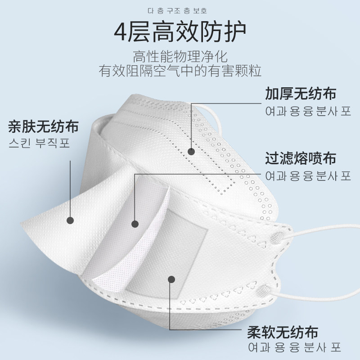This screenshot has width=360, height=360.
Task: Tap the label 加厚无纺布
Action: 301,94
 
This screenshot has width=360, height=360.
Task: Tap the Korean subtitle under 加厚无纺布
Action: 308,112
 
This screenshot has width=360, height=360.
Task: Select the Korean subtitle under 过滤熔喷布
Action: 308,175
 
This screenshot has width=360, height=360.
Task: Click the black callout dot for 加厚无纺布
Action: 191,151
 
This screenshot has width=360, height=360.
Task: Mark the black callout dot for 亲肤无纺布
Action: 70,220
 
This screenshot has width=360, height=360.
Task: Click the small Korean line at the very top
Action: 180,9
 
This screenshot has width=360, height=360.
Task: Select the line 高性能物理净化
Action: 180,57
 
